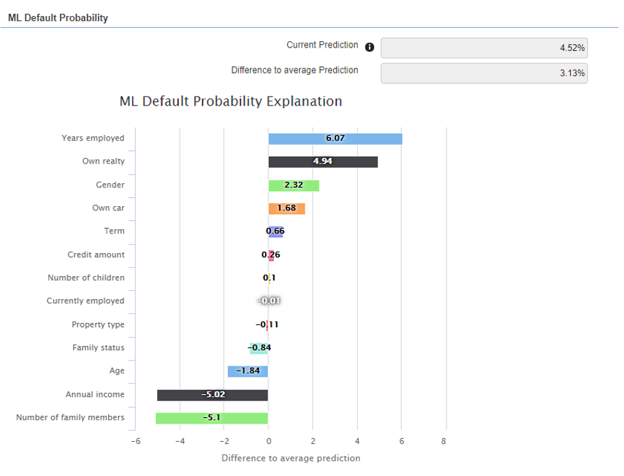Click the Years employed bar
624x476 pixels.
tap(335, 138)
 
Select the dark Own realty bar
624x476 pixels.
tap(323, 161)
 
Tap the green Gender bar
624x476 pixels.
tap(293, 185)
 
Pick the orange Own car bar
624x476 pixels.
tap(286, 208)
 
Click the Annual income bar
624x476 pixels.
tap(212, 395)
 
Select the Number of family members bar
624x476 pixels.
tap(212, 418)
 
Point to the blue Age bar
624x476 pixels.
tap(247, 371)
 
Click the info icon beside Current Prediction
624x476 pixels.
tap(370, 48)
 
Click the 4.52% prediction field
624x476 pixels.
tap(484, 48)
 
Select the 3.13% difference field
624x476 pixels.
tap(484, 73)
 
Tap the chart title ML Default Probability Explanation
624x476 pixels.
tap(231, 101)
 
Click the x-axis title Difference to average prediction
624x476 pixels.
tap(291, 459)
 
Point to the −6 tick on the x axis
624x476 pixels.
tap(136, 441)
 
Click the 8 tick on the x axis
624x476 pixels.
tap(444, 441)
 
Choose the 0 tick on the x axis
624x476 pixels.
tap(268, 441)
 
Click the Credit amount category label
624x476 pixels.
tap(96, 255)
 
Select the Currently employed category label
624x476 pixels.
tap(85, 301)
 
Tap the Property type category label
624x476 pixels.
tap(98, 324)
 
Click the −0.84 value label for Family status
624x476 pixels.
tap(259, 347)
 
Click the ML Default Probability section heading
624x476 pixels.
tap(58, 17)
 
